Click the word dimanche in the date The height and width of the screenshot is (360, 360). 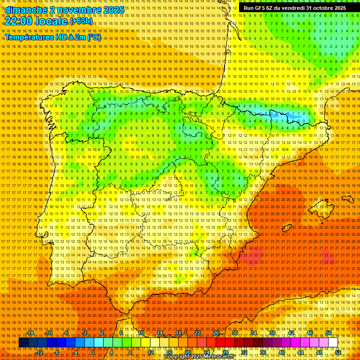click(x=26, y=10)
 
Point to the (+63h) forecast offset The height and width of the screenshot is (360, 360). click(x=82, y=21)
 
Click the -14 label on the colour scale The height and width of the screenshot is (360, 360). click(x=30, y=333)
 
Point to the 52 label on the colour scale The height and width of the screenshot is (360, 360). click(x=338, y=352)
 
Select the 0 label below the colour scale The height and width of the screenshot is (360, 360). click(x=93, y=352)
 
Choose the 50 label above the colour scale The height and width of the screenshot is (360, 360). click(x=328, y=333)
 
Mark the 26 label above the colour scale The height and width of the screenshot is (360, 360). click(x=216, y=333)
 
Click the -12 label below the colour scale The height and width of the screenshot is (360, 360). click(x=40, y=352)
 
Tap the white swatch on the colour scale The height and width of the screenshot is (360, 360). click(x=333, y=343)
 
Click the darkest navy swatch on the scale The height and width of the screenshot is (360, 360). click(x=23, y=343)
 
